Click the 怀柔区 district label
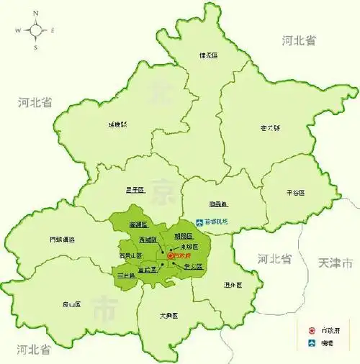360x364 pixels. (x=208, y=55)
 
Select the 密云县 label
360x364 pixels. (x=269, y=129)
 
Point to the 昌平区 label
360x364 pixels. (x=135, y=190)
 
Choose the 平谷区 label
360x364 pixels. (x=294, y=193)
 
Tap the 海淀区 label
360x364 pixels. (x=138, y=225)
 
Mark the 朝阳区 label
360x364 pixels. (x=184, y=236)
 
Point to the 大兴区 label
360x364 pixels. (x=169, y=316)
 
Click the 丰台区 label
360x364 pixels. (x=127, y=276)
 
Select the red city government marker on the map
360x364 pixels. (x=171, y=255)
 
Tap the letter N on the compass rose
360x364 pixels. (x=35, y=13)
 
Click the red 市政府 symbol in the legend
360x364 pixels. (x=310, y=332)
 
